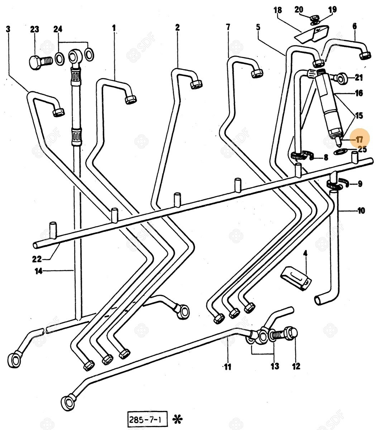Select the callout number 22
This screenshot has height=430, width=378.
pyautogui.click(x=37, y=259)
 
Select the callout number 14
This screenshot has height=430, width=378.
pyautogui.click(x=38, y=271)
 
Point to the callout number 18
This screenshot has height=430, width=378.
pyautogui.click(x=278, y=10)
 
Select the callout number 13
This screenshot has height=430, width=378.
pyautogui.click(x=274, y=366)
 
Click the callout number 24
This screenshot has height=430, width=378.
pyautogui.click(x=58, y=29)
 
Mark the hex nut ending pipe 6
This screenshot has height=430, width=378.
pyautogui.click(x=365, y=55)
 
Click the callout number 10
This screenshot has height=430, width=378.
pyautogui.click(x=361, y=210)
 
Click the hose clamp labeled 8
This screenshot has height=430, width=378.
pyautogui.click(x=300, y=156)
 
